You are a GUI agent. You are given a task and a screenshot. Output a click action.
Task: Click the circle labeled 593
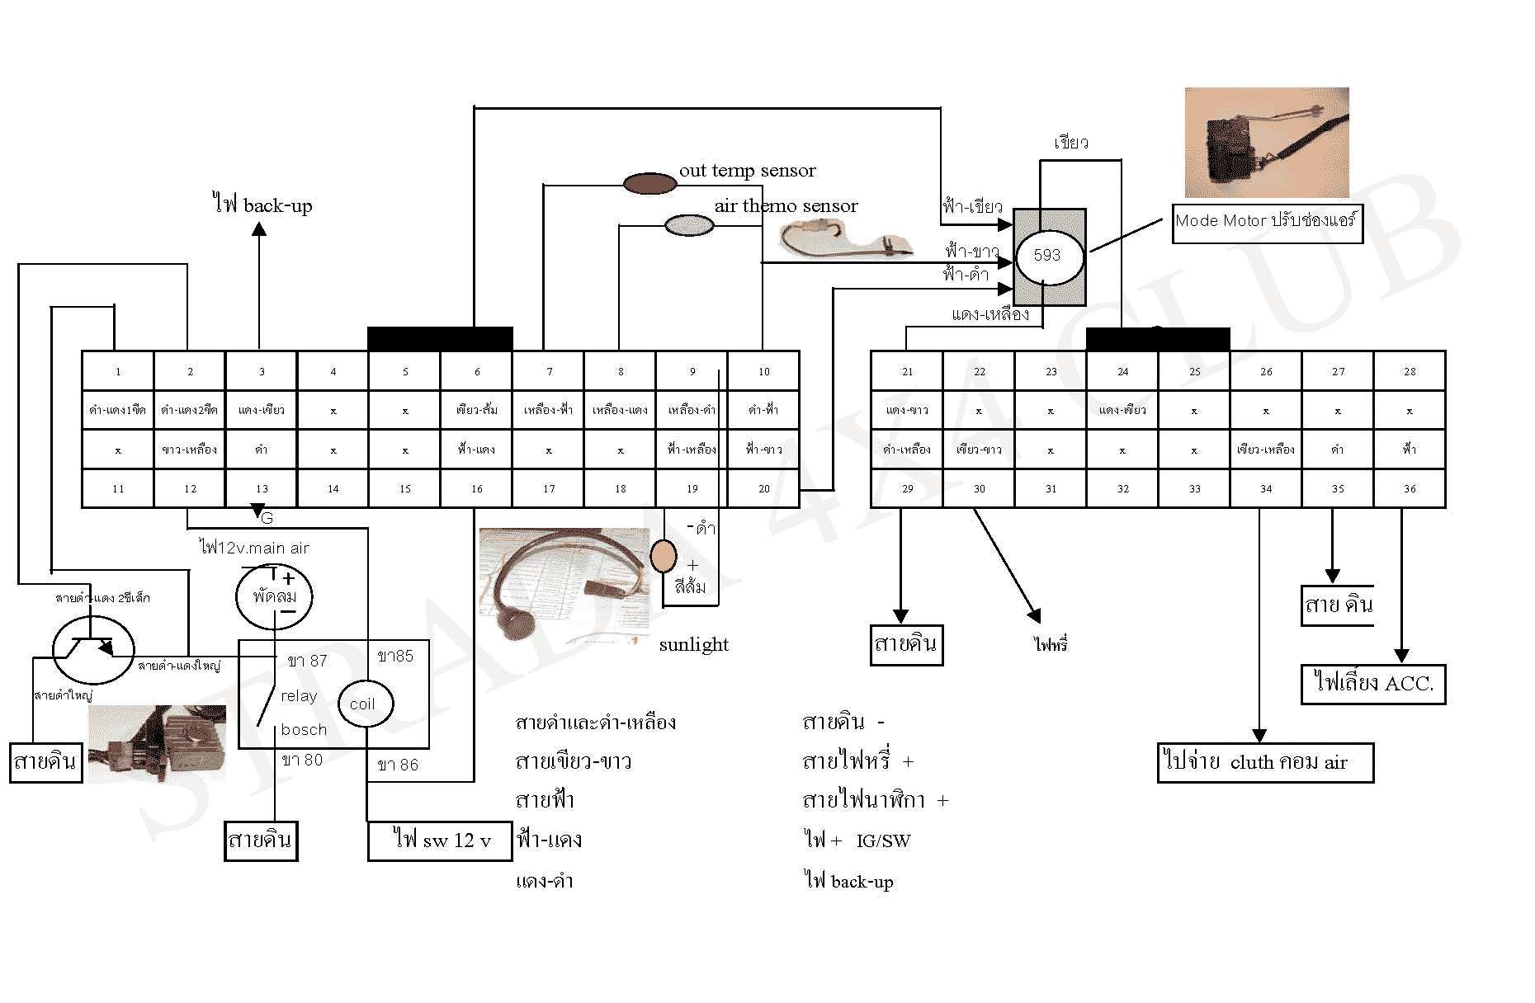[x=1047, y=256]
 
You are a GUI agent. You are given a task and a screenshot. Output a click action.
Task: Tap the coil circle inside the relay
[x=364, y=704]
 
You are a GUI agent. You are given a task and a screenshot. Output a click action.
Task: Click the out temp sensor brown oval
[x=649, y=183]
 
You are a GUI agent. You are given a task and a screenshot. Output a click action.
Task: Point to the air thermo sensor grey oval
[x=689, y=225]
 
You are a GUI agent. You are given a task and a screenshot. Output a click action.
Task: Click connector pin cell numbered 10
[x=764, y=371]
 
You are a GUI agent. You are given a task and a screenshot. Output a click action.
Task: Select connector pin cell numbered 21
[x=907, y=371]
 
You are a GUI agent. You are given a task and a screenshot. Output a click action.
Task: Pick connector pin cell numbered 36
[x=1410, y=488]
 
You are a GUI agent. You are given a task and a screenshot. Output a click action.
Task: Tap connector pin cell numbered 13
[x=262, y=488]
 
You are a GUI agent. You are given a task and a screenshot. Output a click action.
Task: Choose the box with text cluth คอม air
[x=1265, y=763]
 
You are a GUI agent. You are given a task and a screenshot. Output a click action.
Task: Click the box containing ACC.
[x=1372, y=684]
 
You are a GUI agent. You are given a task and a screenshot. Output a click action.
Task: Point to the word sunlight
[x=693, y=644]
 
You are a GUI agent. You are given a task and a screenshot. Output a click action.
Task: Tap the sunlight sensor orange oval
[x=663, y=557]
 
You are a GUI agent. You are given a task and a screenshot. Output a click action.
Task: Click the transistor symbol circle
[x=93, y=650]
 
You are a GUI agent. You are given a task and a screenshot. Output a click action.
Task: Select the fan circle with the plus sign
[x=274, y=596]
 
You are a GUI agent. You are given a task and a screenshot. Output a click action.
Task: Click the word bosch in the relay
[x=304, y=730]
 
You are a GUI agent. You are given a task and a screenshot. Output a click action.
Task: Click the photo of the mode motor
[x=1266, y=142]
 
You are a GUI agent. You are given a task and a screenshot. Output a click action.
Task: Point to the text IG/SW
[x=883, y=841]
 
